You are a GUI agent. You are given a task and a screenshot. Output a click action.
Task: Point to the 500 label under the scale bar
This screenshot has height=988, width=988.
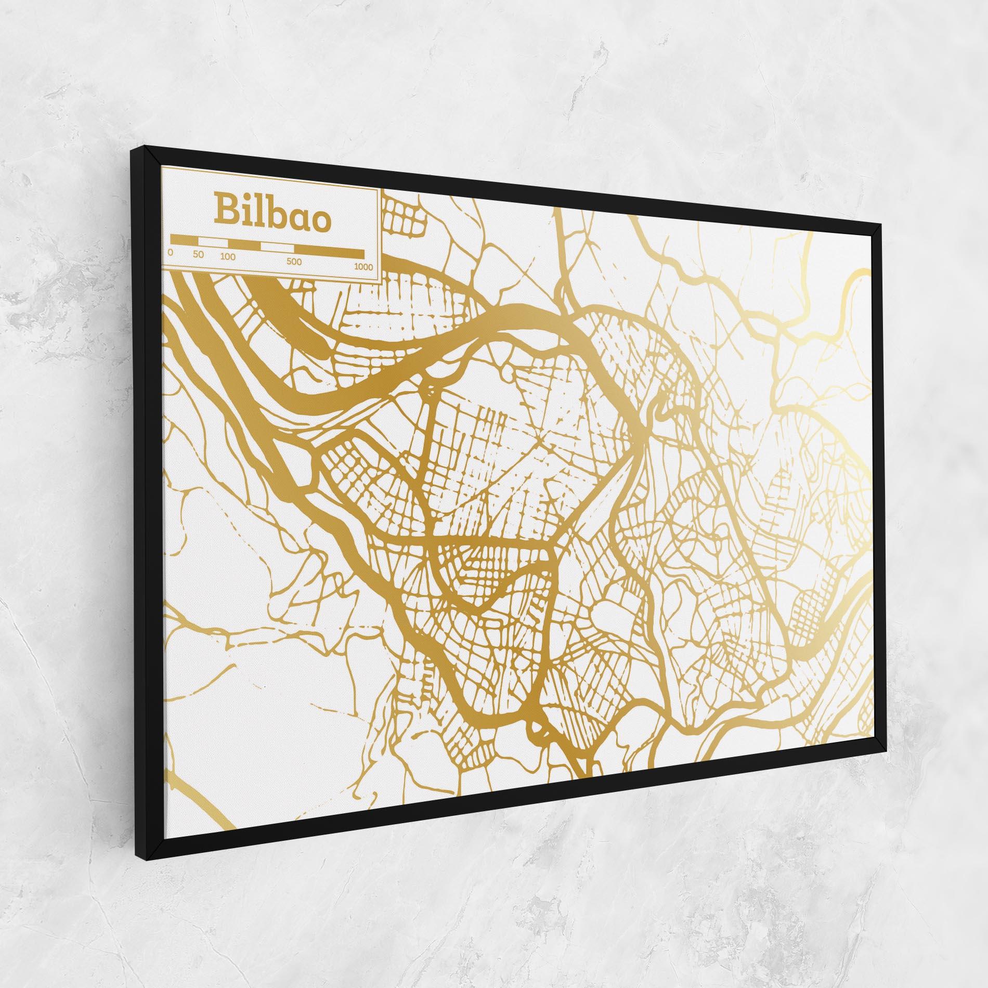coord(294,262)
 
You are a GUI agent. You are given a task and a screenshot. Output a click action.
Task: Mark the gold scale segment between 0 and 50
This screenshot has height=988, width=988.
coord(184,240)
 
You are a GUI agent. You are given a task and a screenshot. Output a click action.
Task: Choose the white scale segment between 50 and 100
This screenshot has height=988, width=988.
coord(213,242)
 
